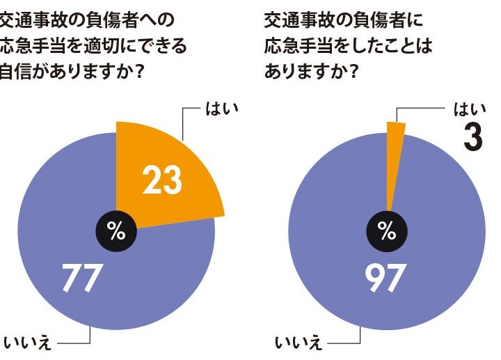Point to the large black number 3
(473, 136)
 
